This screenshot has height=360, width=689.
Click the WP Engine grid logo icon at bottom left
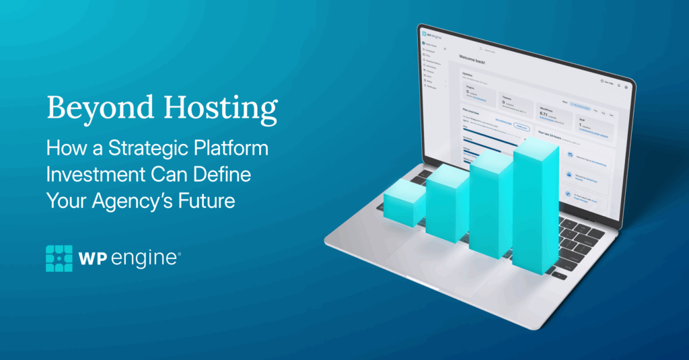(x=59, y=258)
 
